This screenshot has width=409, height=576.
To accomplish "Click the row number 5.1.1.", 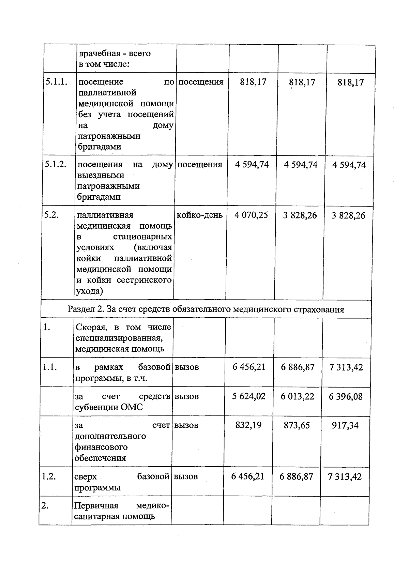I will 56,82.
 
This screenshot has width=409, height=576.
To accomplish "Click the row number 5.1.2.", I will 55,164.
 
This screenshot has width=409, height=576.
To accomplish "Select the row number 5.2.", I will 51,215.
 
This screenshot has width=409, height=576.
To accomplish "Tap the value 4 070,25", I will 251,215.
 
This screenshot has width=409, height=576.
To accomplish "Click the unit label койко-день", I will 199,215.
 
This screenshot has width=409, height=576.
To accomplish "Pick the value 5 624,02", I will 249,396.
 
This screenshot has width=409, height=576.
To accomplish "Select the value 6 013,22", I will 298,396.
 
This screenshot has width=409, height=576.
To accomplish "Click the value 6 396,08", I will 346,396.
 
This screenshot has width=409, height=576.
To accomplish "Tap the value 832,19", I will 249,425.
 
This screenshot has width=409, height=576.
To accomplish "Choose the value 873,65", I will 297,425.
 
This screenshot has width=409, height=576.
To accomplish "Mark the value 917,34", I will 345,425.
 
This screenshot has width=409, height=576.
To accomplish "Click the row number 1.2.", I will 48,476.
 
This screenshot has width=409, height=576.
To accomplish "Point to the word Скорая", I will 90,327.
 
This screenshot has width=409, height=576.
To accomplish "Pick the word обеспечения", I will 100,458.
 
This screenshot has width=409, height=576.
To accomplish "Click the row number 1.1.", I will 49,367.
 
